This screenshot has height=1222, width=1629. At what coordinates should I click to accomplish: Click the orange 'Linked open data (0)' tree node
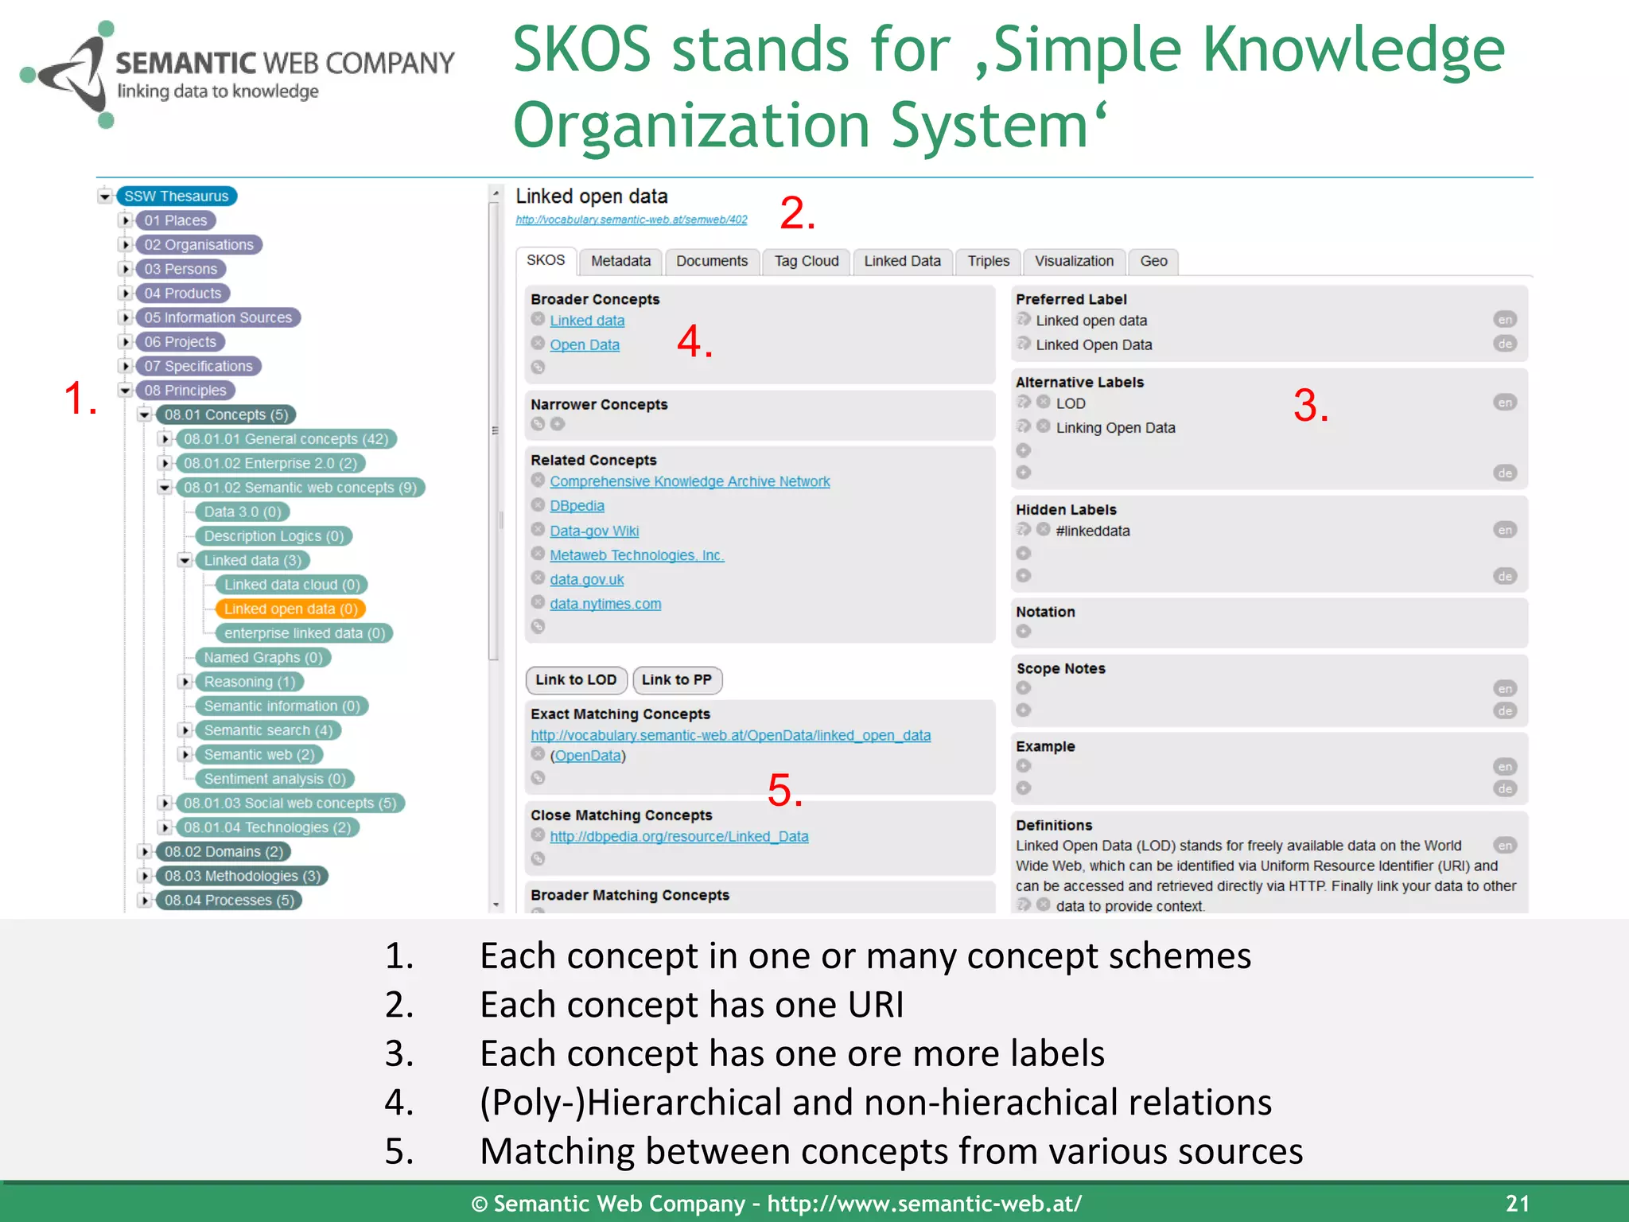(290, 609)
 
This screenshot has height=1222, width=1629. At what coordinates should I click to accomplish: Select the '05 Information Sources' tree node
(218, 317)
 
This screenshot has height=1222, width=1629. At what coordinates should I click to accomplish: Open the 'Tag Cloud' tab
(806, 261)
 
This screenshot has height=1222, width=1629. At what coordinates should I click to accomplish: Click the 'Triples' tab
(988, 261)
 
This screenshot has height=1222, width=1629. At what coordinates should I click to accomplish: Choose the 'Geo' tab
(1153, 261)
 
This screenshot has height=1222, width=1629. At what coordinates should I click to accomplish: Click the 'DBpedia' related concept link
(577, 506)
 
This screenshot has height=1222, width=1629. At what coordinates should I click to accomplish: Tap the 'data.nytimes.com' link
(605, 604)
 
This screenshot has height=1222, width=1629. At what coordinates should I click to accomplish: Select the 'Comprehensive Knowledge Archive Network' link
(690, 481)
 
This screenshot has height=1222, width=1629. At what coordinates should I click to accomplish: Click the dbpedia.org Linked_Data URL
(678, 837)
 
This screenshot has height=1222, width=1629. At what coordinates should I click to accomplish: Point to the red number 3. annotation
(1310, 406)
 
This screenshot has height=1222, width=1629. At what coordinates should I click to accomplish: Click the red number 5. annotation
(784, 791)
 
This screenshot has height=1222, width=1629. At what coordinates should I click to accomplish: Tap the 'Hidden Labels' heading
(1066, 510)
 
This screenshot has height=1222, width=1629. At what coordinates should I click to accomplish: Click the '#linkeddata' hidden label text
(1092, 531)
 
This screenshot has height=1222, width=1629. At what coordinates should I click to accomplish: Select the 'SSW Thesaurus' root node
(177, 197)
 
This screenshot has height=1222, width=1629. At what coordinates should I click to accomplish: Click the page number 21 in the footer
(1517, 1203)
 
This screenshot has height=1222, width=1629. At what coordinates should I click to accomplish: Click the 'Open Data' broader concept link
(585, 345)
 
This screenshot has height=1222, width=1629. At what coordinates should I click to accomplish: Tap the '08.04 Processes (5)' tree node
(229, 901)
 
